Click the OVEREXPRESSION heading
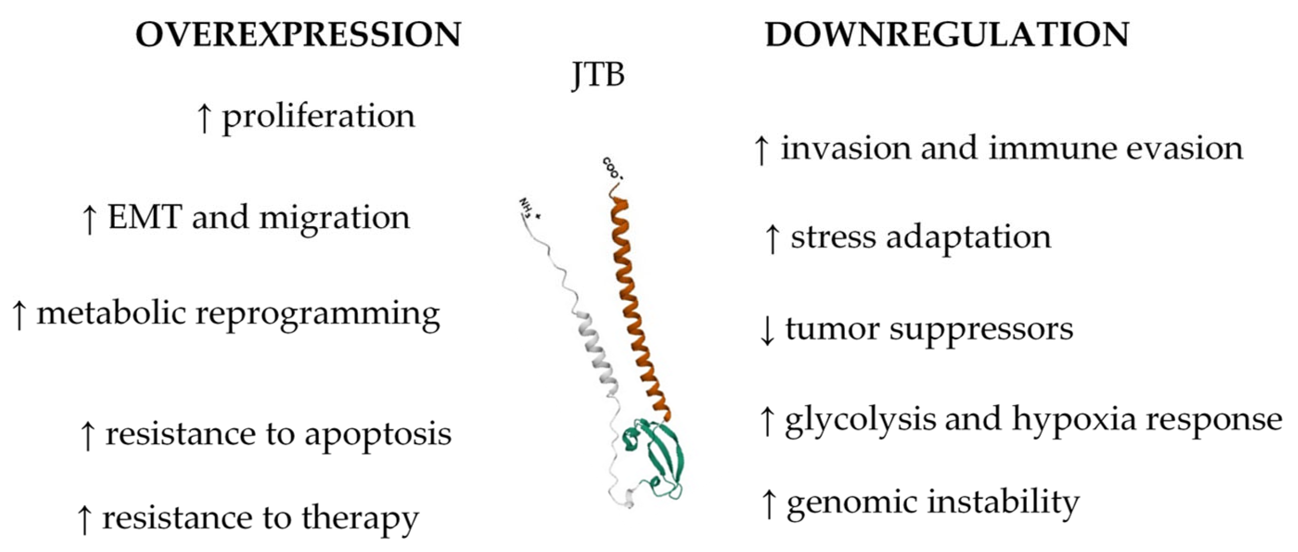coord(298,35)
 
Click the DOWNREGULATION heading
coord(947,35)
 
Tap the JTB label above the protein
coord(598,75)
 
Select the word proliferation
coord(319,117)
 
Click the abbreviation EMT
coord(144,217)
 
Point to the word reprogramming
coord(317,315)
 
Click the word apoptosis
coord(378,434)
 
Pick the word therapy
coord(360,519)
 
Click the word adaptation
coord(969,237)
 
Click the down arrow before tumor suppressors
coord(767,330)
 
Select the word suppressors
coord(981,330)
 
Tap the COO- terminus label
coord(613,168)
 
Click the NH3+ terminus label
coord(528,208)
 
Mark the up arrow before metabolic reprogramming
coord(19,315)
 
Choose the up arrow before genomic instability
coord(769,504)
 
